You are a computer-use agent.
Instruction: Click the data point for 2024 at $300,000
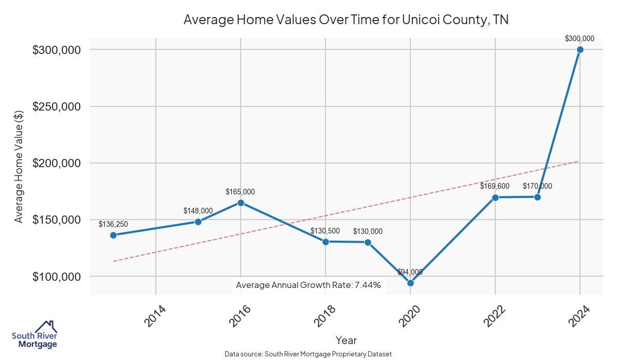pos(580,49)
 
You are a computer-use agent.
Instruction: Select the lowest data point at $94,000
pos(410,283)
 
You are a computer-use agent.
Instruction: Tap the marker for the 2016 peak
pos(241,203)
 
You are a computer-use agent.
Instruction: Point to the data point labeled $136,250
pos(113,235)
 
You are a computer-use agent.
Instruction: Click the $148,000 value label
pos(198,211)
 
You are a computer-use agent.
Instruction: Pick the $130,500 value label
pos(325,231)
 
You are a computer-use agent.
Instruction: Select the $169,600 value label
pos(495,186)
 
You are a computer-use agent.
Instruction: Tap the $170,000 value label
pos(537,186)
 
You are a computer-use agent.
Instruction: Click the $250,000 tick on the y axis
pos(57,106)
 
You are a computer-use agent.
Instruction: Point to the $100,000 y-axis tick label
pos(57,276)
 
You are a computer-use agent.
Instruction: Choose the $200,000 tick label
pos(57,163)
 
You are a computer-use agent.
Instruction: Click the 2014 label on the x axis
pos(155,315)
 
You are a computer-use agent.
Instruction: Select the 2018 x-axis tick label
pos(325,315)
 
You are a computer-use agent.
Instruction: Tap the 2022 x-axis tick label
pos(495,315)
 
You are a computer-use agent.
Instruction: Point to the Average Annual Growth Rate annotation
pos(308,285)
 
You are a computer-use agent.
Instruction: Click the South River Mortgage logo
pos(34,335)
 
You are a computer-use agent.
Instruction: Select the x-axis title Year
pos(346,340)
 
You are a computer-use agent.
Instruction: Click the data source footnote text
pos(308,354)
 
